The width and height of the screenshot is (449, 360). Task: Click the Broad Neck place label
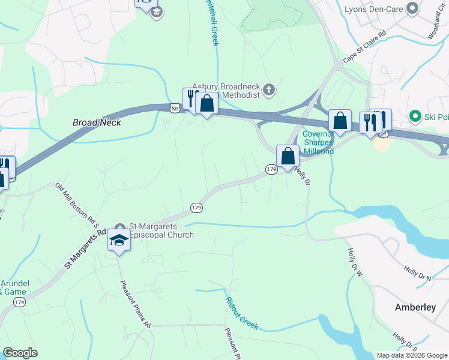[x=97, y=122]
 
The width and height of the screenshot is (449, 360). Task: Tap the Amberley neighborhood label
[x=415, y=307]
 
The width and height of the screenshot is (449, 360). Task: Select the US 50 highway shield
[x=174, y=108]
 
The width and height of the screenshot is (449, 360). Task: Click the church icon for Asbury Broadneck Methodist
[x=270, y=91]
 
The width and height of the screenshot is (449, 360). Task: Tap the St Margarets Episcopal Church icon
[x=119, y=228]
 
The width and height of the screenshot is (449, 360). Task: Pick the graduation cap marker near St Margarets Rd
[x=119, y=241]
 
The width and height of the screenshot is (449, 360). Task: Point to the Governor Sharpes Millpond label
[x=317, y=143]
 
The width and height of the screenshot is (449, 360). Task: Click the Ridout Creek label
[x=242, y=313]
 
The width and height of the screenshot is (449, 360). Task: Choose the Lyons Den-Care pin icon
[x=412, y=9]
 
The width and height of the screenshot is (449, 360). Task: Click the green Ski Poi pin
[x=414, y=116]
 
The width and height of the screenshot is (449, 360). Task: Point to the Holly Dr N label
[x=418, y=274]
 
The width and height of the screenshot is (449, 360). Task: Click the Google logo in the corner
[x=20, y=353]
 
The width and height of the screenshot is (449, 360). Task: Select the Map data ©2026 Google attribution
[x=412, y=355]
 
